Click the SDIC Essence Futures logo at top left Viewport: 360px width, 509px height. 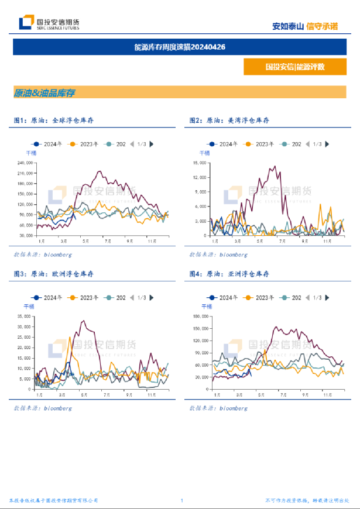point(49,23)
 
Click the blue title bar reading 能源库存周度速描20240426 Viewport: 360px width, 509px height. point(180,47)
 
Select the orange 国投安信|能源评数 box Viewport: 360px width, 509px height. point(294,67)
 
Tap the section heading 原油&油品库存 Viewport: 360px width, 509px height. point(44,93)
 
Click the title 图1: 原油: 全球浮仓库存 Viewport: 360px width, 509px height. point(54,120)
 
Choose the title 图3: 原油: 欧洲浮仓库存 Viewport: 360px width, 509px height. point(54,274)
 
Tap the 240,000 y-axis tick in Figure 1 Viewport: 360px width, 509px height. point(25,163)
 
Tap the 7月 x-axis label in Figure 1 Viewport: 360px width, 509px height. point(107,240)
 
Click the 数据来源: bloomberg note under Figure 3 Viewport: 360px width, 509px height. point(43,408)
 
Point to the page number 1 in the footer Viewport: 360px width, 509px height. point(182,501)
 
